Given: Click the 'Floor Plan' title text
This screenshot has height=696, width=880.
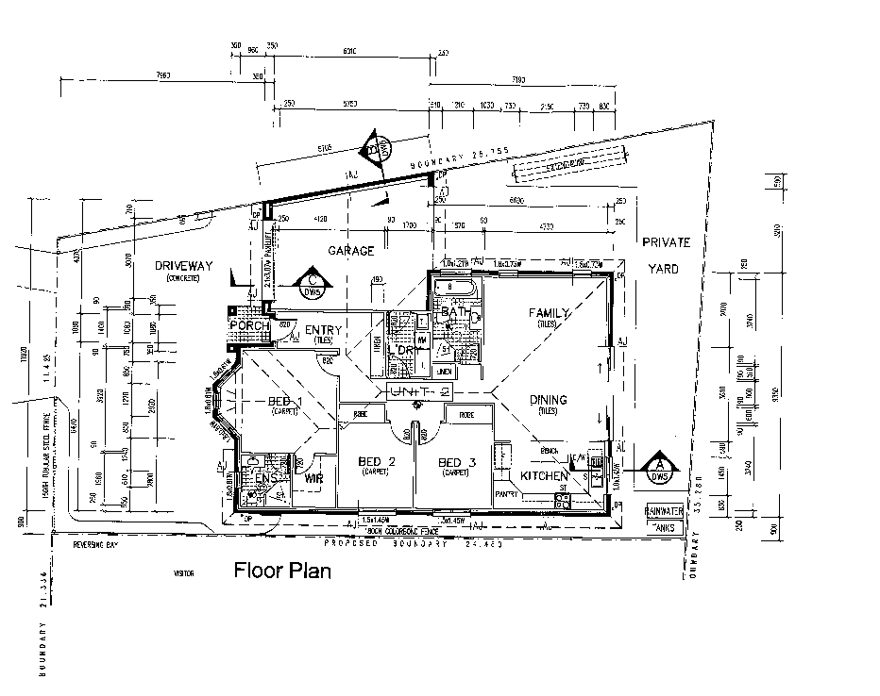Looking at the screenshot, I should (x=282, y=571).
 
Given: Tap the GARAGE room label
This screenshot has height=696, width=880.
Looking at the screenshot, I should (x=351, y=251).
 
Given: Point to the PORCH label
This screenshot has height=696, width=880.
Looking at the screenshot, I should (x=248, y=326).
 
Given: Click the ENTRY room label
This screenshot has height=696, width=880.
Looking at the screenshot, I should (x=324, y=329).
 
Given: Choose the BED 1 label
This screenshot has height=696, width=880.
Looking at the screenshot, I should (x=285, y=403).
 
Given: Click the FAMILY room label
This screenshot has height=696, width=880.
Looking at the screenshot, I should (x=549, y=312).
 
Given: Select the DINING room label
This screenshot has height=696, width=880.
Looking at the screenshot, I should (x=549, y=400).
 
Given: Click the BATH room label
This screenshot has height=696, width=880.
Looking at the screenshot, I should (x=455, y=312).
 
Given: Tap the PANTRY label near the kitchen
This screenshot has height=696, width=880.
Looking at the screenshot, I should (x=507, y=493).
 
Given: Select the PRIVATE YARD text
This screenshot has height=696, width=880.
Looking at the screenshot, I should (x=667, y=255).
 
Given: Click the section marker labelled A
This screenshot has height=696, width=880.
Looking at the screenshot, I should (x=660, y=466).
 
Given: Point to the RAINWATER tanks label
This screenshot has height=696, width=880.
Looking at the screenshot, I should (x=665, y=510).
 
